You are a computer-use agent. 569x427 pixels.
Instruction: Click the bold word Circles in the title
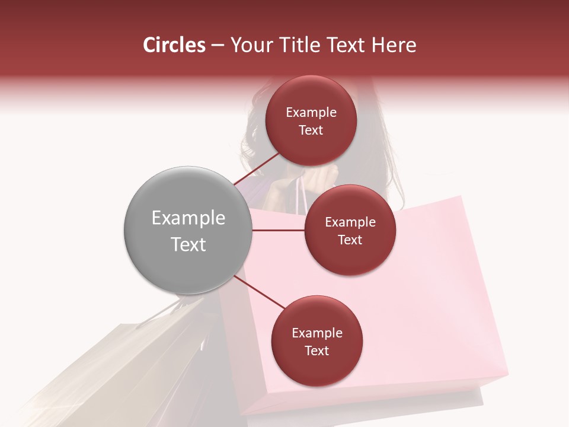tap(174, 45)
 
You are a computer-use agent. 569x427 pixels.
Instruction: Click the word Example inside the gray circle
tap(188, 218)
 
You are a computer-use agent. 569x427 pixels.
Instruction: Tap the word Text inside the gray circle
tap(188, 244)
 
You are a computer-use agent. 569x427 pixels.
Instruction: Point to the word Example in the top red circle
tap(311, 113)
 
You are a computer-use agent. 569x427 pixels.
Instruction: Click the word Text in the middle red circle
tap(350, 240)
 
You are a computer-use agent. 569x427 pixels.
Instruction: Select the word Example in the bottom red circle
tap(317, 333)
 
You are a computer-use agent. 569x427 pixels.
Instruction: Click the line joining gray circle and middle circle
tap(278, 230)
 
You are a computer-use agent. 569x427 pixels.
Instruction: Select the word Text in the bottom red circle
tap(317, 351)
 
